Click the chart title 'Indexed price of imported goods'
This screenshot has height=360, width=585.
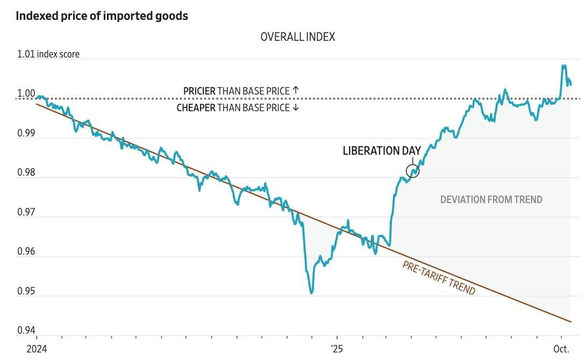(x=102, y=16)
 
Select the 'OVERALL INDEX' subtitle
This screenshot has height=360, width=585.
(x=297, y=37)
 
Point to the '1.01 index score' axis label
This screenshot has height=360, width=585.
(x=48, y=54)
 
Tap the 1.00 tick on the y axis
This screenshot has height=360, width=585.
(x=26, y=94)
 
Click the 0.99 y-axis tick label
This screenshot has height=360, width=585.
(x=26, y=133)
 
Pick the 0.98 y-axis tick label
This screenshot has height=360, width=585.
(x=26, y=173)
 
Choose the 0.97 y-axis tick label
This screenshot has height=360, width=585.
(x=26, y=213)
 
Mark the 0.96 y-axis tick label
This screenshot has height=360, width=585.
(x=26, y=252)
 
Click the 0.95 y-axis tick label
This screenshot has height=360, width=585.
(x=26, y=292)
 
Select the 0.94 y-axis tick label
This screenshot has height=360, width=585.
(x=26, y=331)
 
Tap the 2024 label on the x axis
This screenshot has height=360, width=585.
(x=37, y=349)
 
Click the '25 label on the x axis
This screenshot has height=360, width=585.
(x=337, y=349)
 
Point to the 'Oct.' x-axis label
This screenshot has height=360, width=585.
(x=562, y=349)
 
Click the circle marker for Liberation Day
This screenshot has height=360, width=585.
(x=412, y=171)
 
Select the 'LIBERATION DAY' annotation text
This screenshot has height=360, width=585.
(x=382, y=151)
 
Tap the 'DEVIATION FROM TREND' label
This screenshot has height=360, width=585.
(x=491, y=200)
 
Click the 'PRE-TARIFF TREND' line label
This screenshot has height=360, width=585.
(x=439, y=277)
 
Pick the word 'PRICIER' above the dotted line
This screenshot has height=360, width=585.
(x=199, y=91)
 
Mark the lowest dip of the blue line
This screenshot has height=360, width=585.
(x=311, y=292)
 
